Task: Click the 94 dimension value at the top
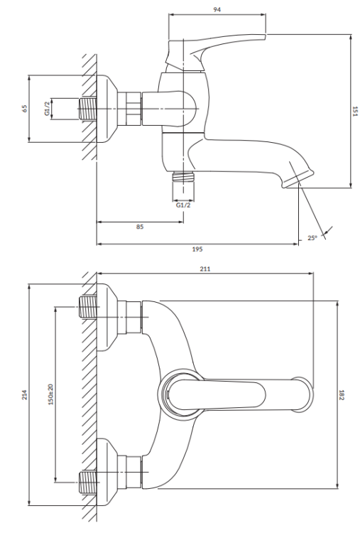217,9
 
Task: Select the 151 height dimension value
354,111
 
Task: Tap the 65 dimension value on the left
24,109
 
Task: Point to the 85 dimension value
140,227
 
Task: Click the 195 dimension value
197,249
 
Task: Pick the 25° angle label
312,238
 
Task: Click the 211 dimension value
205,269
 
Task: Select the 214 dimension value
24,394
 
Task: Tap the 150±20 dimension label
50,394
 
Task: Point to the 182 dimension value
342,395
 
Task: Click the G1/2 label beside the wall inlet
47,109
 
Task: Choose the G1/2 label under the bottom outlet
183,205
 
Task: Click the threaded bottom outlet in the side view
183,177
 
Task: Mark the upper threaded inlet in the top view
87,306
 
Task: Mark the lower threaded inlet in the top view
87,482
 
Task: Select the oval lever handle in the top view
217,395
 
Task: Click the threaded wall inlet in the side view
87,109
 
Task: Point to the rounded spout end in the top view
302,394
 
